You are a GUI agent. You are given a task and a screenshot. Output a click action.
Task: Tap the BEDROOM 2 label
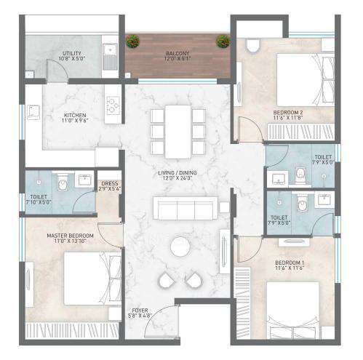[x=288, y=113]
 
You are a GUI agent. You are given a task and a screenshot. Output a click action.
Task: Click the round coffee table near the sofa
[x=179, y=247]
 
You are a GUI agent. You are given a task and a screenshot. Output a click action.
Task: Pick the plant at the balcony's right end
[x=220, y=41]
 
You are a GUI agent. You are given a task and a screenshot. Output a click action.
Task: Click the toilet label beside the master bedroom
[x=38, y=197]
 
